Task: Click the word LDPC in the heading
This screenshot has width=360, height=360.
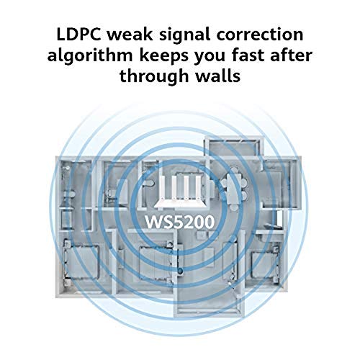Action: (x=78, y=35)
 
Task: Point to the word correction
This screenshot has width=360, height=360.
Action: (x=260, y=35)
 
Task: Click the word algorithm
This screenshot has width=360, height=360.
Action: (x=90, y=57)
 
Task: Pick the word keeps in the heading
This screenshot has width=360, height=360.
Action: (x=163, y=57)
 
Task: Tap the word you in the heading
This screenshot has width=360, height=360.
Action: (x=210, y=58)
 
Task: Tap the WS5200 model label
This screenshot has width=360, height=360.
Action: (x=179, y=222)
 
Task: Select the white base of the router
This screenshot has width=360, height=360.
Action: (x=179, y=204)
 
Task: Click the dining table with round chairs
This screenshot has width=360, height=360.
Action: (x=235, y=189)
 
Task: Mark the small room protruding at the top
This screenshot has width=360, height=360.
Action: (x=233, y=148)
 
